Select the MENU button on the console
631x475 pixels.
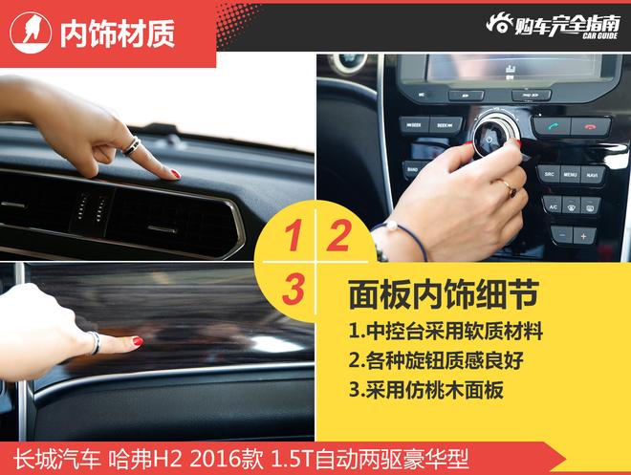[x=570, y=175]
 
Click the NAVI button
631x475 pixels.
[x=594, y=175]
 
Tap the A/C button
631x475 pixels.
[x=553, y=205]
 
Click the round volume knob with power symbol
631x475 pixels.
[x=491, y=137]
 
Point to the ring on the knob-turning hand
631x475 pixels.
[x=510, y=188]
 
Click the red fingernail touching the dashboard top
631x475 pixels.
[x=174, y=174]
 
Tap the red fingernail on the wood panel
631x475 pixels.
[x=137, y=341]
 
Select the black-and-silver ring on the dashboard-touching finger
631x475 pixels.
[x=131, y=145]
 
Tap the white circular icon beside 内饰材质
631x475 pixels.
[x=31, y=32]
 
